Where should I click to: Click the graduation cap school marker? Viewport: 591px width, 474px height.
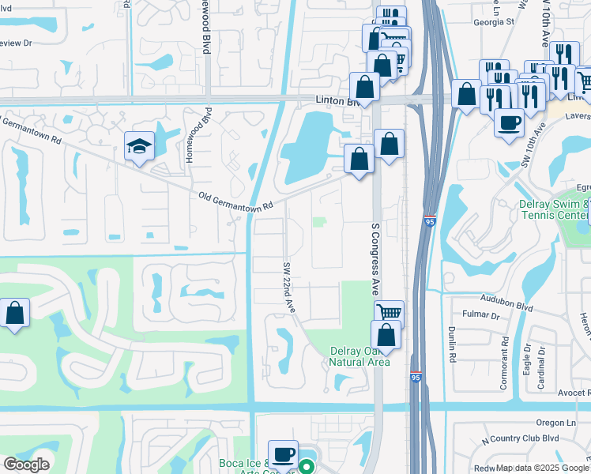(138, 146)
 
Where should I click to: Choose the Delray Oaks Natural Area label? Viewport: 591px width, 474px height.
(359, 356)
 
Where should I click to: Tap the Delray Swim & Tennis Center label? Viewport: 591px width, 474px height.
(554, 210)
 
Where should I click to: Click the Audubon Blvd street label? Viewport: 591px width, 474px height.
(505, 299)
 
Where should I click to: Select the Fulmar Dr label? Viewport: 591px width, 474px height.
(484, 315)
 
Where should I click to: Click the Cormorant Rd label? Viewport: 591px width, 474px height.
(504, 359)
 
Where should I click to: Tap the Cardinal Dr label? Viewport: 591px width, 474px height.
(542, 367)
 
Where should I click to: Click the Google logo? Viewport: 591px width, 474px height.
(26, 464)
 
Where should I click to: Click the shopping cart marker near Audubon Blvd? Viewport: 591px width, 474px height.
(388, 312)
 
